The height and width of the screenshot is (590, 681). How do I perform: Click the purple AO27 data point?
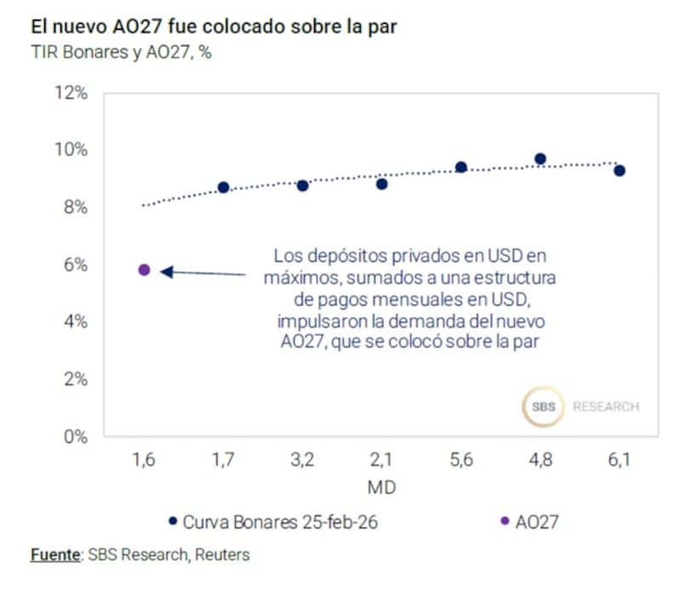point(144,270)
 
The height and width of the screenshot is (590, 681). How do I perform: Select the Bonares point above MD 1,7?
point(223,187)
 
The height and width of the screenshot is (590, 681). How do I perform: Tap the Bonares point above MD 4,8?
point(540,159)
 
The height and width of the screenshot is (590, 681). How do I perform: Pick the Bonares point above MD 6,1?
point(620,170)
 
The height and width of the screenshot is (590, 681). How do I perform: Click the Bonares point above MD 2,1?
point(381,184)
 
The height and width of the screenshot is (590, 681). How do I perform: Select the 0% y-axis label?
point(76,436)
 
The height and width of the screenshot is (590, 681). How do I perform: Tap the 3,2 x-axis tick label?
point(302,461)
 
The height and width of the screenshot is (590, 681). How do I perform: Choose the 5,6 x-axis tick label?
point(461,461)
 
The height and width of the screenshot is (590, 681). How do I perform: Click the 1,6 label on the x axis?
point(144,461)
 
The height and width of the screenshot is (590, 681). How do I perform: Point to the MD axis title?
point(381,489)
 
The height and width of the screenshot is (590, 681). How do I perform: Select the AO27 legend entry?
point(536,522)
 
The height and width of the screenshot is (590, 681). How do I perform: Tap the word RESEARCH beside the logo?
point(605,407)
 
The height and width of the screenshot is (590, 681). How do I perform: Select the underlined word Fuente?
point(54,555)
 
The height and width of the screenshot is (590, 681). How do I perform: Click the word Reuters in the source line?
point(222,555)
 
